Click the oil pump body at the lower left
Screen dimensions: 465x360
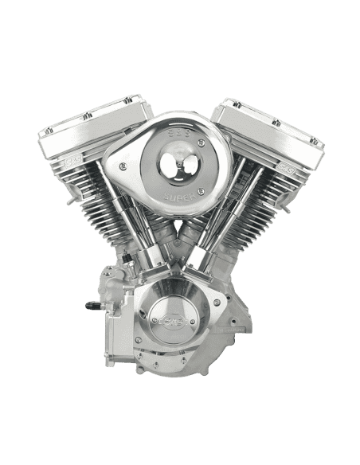(x=112, y=307)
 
